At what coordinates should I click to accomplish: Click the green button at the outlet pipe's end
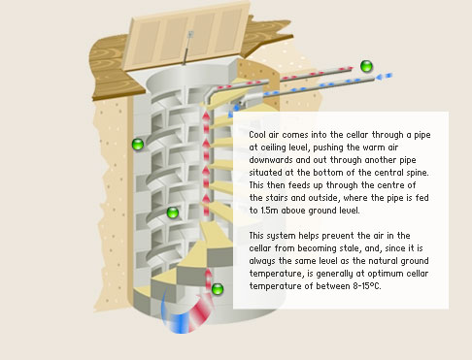tap(366, 66)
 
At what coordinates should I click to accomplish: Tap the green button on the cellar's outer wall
tap(138, 144)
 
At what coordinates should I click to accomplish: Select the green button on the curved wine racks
tap(173, 213)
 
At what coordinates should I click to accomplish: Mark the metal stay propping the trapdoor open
tap(187, 49)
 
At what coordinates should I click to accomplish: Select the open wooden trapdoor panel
tap(187, 36)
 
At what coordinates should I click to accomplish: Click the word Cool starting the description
tap(257, 135)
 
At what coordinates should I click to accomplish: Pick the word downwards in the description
tap(271, 160)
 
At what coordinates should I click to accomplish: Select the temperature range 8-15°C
tap(367, 286)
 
